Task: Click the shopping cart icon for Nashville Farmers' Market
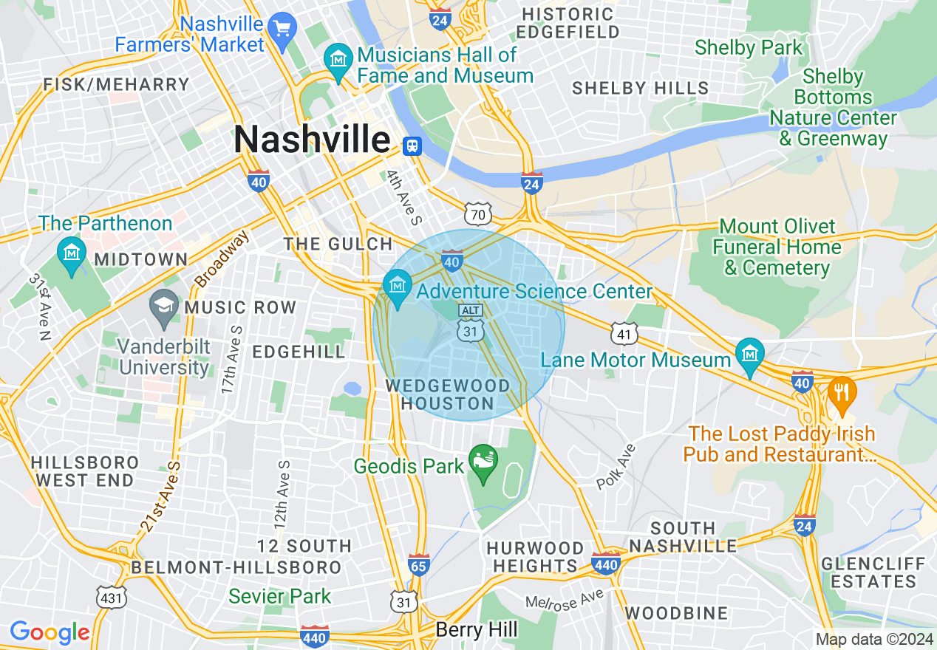tap(282, 29)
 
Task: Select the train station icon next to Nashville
tap(412, 146)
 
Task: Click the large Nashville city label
tap(312, 140)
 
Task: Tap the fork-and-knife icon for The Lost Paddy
tap(841, 392)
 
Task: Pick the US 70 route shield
tap(478, 214)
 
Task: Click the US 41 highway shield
tap(625, 334)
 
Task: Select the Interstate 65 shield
tap(419, 567)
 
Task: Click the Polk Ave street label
tap(616, 468)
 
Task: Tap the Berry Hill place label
tap(477, 630)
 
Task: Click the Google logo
tap(50, 632)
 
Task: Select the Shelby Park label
tap(748, 48)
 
